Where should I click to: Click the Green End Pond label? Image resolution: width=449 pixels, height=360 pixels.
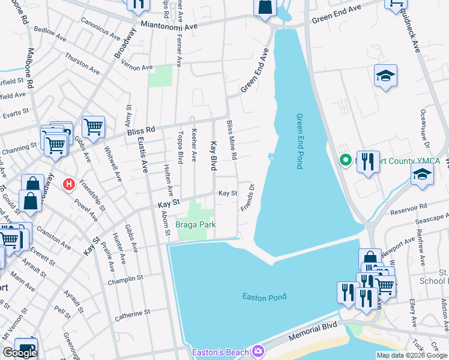point(300,141)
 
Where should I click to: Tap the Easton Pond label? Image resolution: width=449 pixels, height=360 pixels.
point(264,296)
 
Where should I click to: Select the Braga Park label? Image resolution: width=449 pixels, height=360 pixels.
point(195,225)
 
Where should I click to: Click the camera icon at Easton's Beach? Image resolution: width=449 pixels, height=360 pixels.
point(258,351)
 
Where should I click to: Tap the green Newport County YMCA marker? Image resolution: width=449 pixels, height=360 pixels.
point(345,161)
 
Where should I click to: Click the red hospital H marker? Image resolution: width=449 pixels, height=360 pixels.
point(70,184)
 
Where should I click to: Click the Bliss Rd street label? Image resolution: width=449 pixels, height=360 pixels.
point(141,129)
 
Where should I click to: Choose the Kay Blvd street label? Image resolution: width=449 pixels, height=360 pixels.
point(212,156)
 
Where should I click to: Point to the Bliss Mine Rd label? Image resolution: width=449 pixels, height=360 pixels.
point(232,140)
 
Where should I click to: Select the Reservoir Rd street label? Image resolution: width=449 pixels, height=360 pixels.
point(423,204)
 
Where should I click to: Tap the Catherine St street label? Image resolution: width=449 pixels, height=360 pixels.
point(132,313)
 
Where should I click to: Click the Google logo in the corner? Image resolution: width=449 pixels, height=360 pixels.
point(20,353)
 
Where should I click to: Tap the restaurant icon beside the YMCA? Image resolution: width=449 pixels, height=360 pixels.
point(368,161)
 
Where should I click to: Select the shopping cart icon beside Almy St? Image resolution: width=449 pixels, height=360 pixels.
point(93,126)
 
